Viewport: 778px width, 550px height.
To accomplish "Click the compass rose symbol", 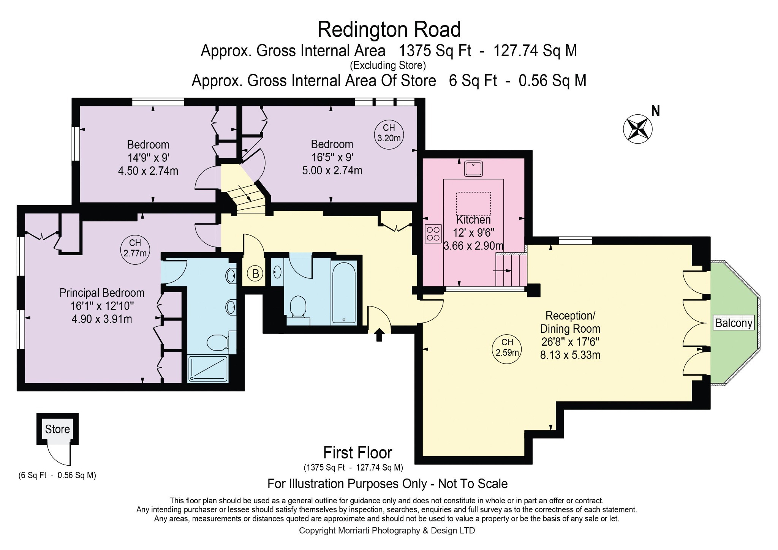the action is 638,129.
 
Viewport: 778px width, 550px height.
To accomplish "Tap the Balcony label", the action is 734,323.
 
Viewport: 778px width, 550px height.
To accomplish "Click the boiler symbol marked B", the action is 256,273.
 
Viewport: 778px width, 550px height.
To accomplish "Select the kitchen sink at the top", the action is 473,168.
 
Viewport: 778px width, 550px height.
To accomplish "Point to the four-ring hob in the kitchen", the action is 433,234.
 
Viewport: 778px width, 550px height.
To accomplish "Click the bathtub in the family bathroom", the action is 344,292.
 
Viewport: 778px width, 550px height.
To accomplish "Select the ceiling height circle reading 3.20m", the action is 389,133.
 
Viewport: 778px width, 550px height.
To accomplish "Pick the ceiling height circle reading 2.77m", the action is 135,248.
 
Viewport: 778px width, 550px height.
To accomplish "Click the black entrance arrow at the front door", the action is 379,335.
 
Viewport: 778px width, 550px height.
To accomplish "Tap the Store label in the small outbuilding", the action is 57,429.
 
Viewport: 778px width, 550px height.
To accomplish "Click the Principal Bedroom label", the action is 102,293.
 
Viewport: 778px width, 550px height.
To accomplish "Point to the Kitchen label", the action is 473,220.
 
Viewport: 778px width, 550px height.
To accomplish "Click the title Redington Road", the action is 389,30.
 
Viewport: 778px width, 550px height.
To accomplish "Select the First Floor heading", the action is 357,453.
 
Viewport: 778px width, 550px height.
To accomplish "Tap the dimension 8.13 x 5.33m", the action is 570,355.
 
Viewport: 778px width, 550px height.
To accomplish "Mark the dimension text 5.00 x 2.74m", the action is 332,170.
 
